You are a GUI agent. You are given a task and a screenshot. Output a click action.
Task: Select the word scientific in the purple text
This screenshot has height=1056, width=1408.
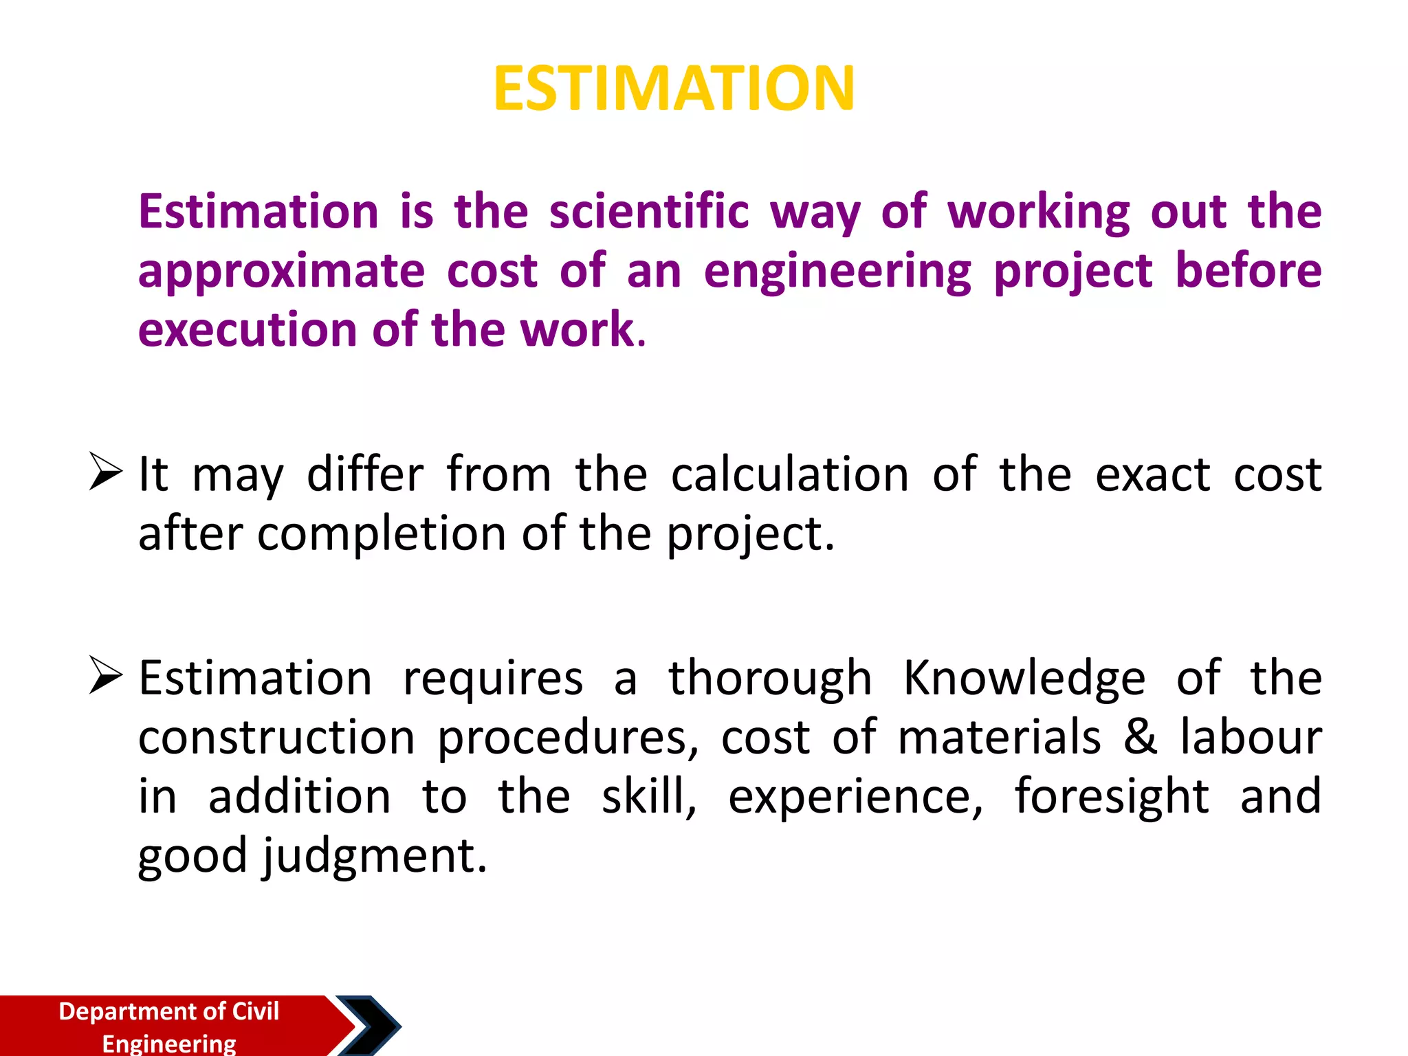click(649, 211)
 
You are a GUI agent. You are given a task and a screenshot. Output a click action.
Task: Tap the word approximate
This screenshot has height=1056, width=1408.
click(281, 272)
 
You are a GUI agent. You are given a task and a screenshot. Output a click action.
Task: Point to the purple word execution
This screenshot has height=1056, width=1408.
click(244, 330)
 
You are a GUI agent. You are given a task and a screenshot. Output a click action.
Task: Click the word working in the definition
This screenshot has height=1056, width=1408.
click(1039, 211)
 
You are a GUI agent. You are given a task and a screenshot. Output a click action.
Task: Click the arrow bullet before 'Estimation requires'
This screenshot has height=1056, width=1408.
click(106, 675)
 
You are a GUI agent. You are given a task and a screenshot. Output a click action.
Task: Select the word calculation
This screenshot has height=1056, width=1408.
click(789, 474)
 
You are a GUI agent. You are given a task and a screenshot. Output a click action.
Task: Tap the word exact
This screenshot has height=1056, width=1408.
click(1152, 474)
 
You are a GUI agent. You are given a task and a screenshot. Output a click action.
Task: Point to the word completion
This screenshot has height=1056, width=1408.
click(382, 534)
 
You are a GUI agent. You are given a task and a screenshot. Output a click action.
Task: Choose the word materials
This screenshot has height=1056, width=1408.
click(1000, 737)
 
